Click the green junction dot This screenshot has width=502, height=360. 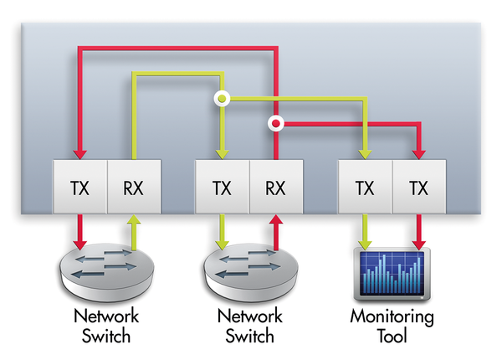tap(222, 99)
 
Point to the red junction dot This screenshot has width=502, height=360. tap(275, 126)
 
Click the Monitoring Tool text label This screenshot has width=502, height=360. tap(392, 327)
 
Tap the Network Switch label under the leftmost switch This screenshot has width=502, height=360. tap(106, 327)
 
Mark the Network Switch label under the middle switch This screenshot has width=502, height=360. tap(248, 327)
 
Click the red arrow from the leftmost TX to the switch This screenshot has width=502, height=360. tap(79, 231)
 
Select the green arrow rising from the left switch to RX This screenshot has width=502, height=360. tap(133, 233)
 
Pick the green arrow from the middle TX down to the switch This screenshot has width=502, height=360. tap(222, 231)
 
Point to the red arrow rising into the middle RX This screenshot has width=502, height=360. tap(275, 233)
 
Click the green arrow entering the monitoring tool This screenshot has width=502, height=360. tap(365, 231)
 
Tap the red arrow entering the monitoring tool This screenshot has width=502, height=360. tap(418, 231)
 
